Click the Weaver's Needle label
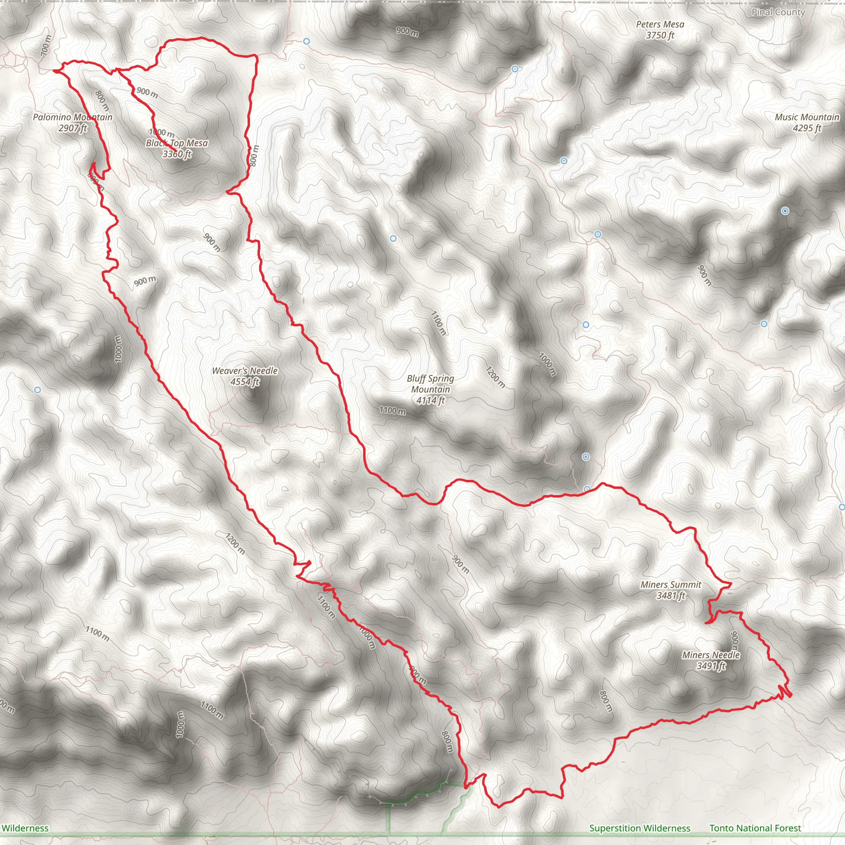point(245,371)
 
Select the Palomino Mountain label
point(73,117)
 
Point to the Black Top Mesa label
point(177,143)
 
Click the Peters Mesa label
point(660,24)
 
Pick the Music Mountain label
point(807,117)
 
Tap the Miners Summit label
point(671,585)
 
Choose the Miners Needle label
point(711,655)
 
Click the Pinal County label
point(778,12)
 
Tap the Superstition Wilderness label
point(640,828)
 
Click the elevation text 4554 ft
point(245,382)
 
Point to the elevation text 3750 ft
point(660,35)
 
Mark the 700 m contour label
point(46,45)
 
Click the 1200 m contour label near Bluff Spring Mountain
point(496,377)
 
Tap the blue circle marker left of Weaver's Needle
point(38,389)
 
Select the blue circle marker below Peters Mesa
point(515,68)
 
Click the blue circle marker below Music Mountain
point(785,211)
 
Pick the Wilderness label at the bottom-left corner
point(25,828)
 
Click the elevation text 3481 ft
point(671,596)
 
